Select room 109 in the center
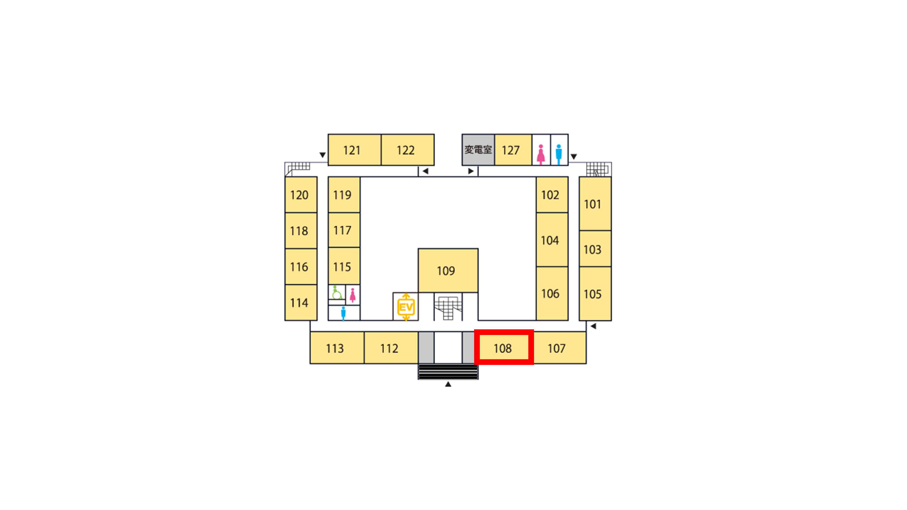pyautogui.click(x=448, y=270)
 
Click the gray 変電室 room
pyautogui.click(x=478, y=150)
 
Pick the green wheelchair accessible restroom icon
pyautogui.click(x=336, y=292)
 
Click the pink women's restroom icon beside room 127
pyautogui.click(x=541, y=154)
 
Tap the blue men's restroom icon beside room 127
pyautogui.click(x=559, y=154)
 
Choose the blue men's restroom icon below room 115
pyautogui.click(x=343, y=313)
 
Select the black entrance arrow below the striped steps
pyautogui.click(x=448, y=384)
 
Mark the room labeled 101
pyautogui.click(x=595, y=204)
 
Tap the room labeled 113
pyautogui.click(x=337, y=348)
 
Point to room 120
pyautogui.click(x=301, y=195)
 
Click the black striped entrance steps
pyautogui.click(x=448, y=372)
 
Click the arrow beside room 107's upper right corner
pyautogui.click(x=593, y=326)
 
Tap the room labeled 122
pyautogui.click(x=408, y=150)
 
